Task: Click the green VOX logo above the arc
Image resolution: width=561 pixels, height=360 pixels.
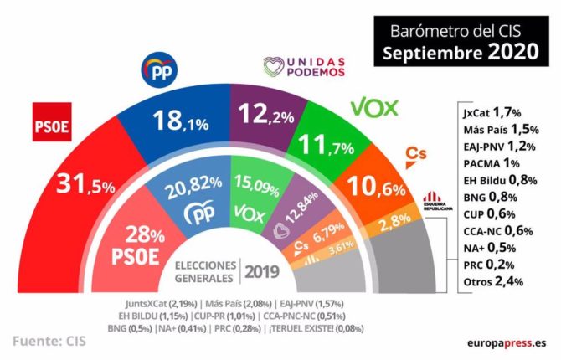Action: [373, 108]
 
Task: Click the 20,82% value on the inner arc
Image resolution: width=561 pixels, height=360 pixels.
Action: [194, 193]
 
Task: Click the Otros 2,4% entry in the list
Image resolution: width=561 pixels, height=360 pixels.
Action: [492, 281]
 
